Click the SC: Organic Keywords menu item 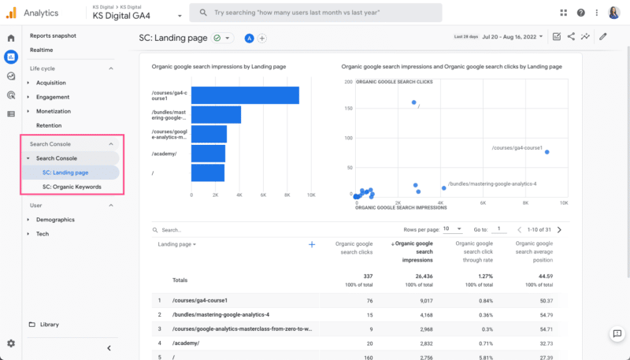click(72, 187)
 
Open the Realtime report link click(41, 50)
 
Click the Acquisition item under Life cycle click(50, 83)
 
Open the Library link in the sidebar click(49, 325)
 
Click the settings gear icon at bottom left click(11, 343)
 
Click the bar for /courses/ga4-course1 click(245, 95)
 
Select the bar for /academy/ click(208, 154)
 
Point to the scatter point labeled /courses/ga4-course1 click(547, 152)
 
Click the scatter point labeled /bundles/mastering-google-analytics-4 click(443, 187)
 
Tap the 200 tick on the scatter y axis click(347, 82)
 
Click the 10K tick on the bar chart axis click(311, 195)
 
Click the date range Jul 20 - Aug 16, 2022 click(515, 37)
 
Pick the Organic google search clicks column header click(354, 248)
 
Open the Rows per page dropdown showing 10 click(452, 229)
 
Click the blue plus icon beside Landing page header click(312, 245)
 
